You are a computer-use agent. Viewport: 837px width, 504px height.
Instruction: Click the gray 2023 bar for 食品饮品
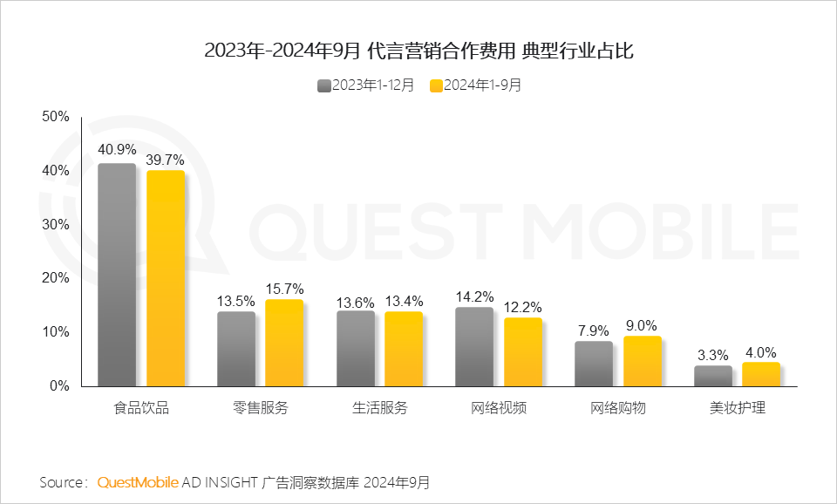pyautogui.click(x=117, y=275)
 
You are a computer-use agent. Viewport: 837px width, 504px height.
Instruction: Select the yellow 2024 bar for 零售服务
pyautogui.click(x=284, y=343)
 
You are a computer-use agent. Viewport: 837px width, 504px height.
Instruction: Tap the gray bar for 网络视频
pyautogui.click(x=473, y=346)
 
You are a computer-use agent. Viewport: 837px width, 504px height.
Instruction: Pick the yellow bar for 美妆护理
pyautogui.click(x=761, y=374)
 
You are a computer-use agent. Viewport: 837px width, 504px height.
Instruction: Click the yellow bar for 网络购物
pyautogui.click(x=643, y=361)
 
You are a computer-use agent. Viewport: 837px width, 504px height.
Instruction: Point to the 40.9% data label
pyautogui.click(x=117, y=150)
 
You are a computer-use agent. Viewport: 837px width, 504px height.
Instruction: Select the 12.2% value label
pyautogui.click(x=523, y=306)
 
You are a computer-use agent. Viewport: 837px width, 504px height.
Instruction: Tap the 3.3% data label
pyautogui.click(x=712, y=354)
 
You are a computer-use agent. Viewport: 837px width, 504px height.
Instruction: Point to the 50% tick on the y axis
pyautogui.click(x=55, y=117)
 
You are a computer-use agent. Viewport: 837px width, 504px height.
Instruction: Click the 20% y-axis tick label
pyautogui.click(x=55, y=278)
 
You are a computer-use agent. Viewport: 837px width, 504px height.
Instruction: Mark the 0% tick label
pyautogui.click(x=58, y=386)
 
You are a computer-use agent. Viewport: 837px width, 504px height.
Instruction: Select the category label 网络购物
pyautogui.click(x=618, y=408)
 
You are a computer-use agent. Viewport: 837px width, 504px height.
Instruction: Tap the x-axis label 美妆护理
pyautogui.click(x=738, y=408)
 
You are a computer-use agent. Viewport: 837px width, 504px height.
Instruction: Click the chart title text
pyautogui.click(x=418, y=51)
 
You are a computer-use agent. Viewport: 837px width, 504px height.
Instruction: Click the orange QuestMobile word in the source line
pyautogui.click(x=138, y=482)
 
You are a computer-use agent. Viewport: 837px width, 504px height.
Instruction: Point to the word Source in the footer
pyautogui.click(x=61, y=482)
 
